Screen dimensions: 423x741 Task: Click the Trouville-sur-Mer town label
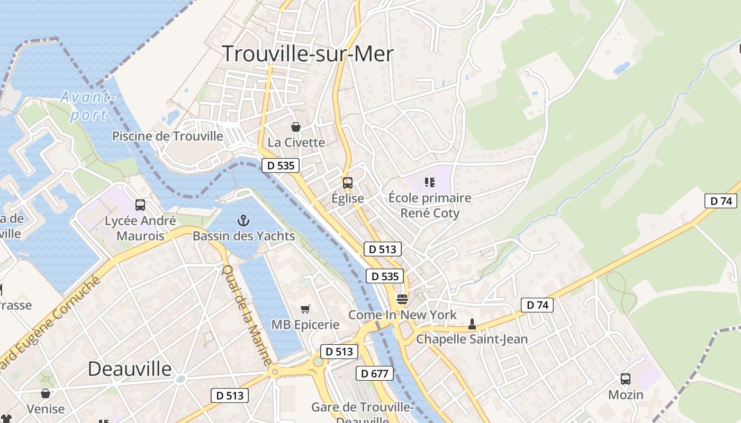pyautogui.click(x=308, y=54)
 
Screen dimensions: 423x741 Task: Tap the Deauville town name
pyautogui.click(x=130, y=369)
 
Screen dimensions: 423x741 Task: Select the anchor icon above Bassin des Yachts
pyautogui.click(x=243, y=220)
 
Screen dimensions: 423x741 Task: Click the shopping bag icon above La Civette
pyautogui.click(x=296, y=127)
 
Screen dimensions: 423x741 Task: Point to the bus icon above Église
pyautogui.click(x=347, y=183)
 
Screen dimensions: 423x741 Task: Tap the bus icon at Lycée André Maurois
pyautogui.click(x=140, y=205)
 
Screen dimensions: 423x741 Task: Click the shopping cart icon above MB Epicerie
pyautogui.click(x=305, y=309)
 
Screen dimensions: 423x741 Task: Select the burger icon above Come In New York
pyautogui.click(x=402, y=299)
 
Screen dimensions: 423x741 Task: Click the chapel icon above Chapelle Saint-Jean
pyautogui.click(x=472, y=324)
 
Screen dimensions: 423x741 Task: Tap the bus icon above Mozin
pyautogui.click(x=626, y=379)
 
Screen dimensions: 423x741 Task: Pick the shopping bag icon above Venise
pyautogui.click(x=46, y=393)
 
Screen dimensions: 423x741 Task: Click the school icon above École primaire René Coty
pyautogui.click(x=429, y=182)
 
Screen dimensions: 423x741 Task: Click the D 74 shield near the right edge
pyautogui.click(x=721, y=201)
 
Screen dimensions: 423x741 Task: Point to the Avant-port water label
pyautogui.click(x=87, y=106)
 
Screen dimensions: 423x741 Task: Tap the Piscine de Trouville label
pyautogui.click(x=167, y=136)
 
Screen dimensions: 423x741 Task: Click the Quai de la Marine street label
pyautogui.click(x=247, y=315)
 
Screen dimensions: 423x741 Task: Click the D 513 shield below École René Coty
pyautogui.click(x=382, y=249)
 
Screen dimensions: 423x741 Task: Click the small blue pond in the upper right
pyautogui.click(x=622, y=68)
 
